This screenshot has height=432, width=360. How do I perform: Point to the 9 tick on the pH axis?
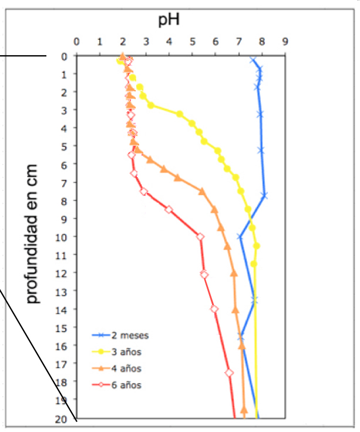pyautogui.click(x=285, y=42)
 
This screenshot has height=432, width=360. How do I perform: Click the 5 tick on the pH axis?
pyautogui.click(x=193, y=42)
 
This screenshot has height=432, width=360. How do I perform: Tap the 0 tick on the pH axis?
pyautogui.click(x=76, y=42)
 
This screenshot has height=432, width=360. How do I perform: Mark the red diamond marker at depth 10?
pyautogui.click(x=200, y=237)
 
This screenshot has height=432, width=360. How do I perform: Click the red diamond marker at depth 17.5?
pyautogui.click(x=229, y=373)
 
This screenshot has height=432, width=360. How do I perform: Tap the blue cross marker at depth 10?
pyautogui.click(x=240, y=237)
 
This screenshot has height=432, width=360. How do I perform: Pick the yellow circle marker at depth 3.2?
pyautogui.click(x=151, y=105)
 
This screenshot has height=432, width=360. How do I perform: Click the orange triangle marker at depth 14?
pyautogui.click(x=235, y=309)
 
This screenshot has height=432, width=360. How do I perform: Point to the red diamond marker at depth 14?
pyautogui.click(x=214, y=309)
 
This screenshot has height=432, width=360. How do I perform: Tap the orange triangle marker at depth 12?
pyautogui.click(x=234, y=273)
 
